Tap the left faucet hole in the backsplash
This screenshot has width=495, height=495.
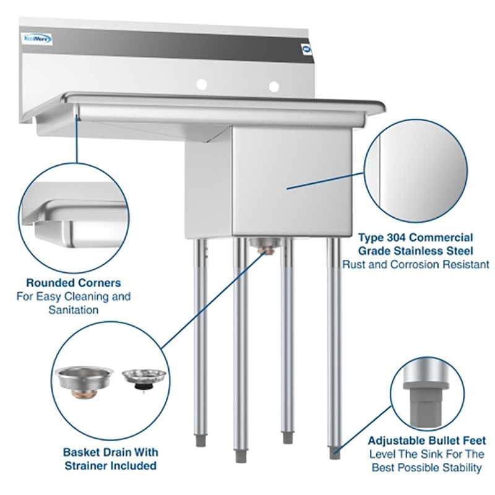coord(200,85)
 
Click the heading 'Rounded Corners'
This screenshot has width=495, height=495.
coord(74,283)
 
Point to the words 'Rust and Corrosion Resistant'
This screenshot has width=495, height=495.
coord(416,264)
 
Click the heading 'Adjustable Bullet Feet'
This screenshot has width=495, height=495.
coord(426,441)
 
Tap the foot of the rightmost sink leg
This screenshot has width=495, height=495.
coord(335,454)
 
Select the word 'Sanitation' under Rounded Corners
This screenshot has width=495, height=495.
coord(74,309)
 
